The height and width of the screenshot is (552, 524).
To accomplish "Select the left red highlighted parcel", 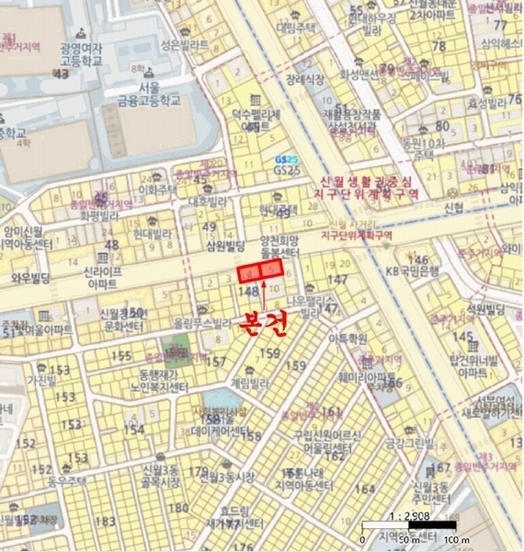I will tap(249, 273).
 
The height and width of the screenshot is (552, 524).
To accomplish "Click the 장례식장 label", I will tap(304, 80).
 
